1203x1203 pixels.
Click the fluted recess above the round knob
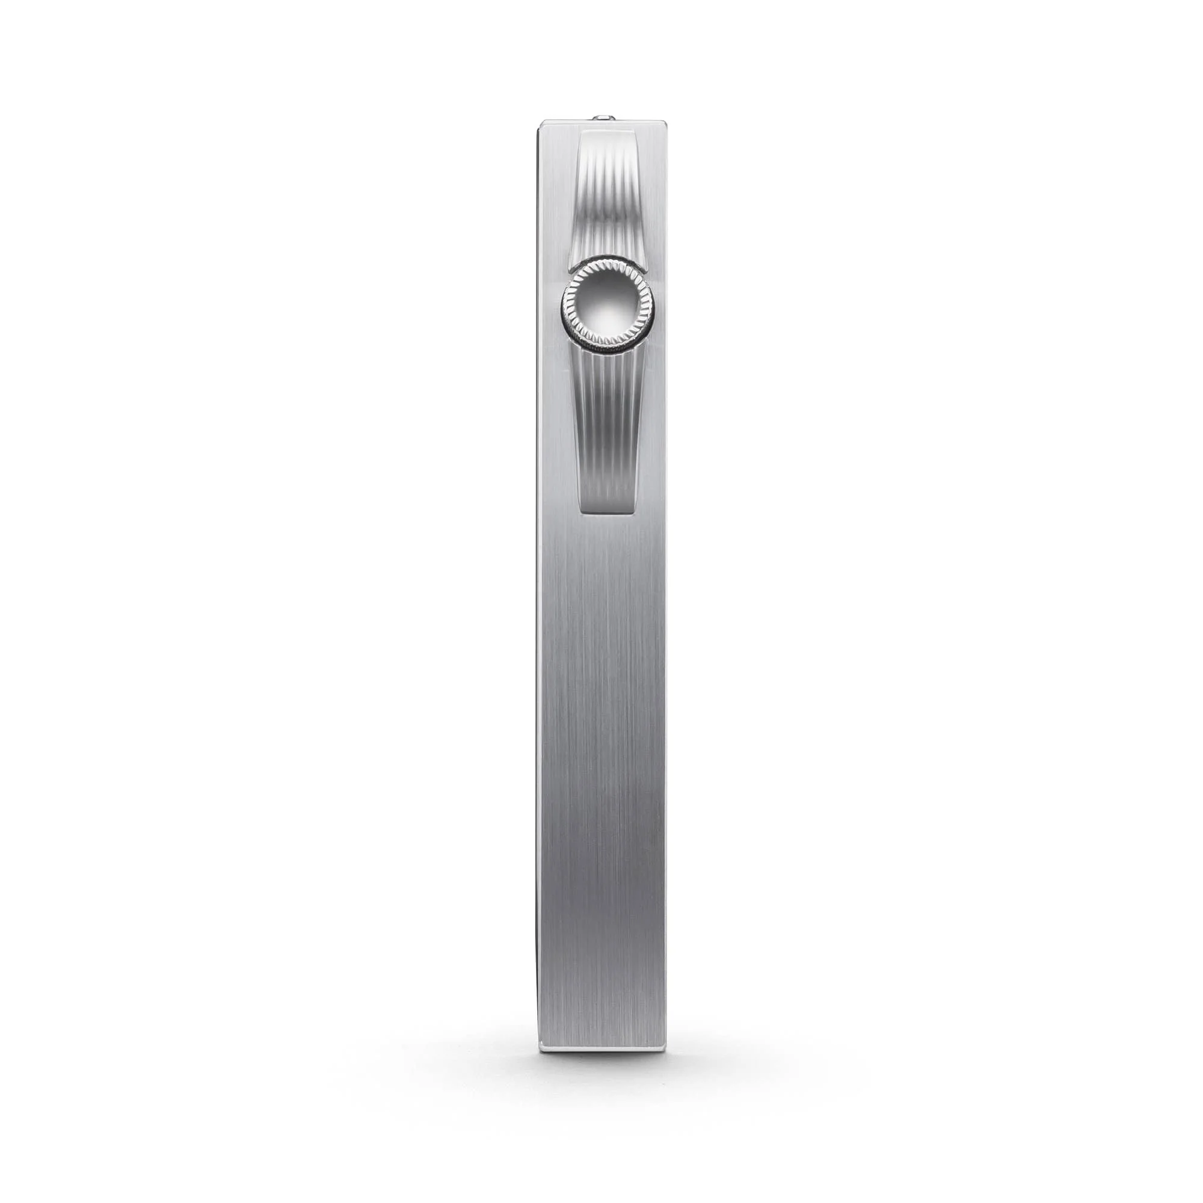pyautogui.click(x=607, y=206)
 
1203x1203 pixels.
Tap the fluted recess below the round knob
pyautogui.click(x=607, y=423)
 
